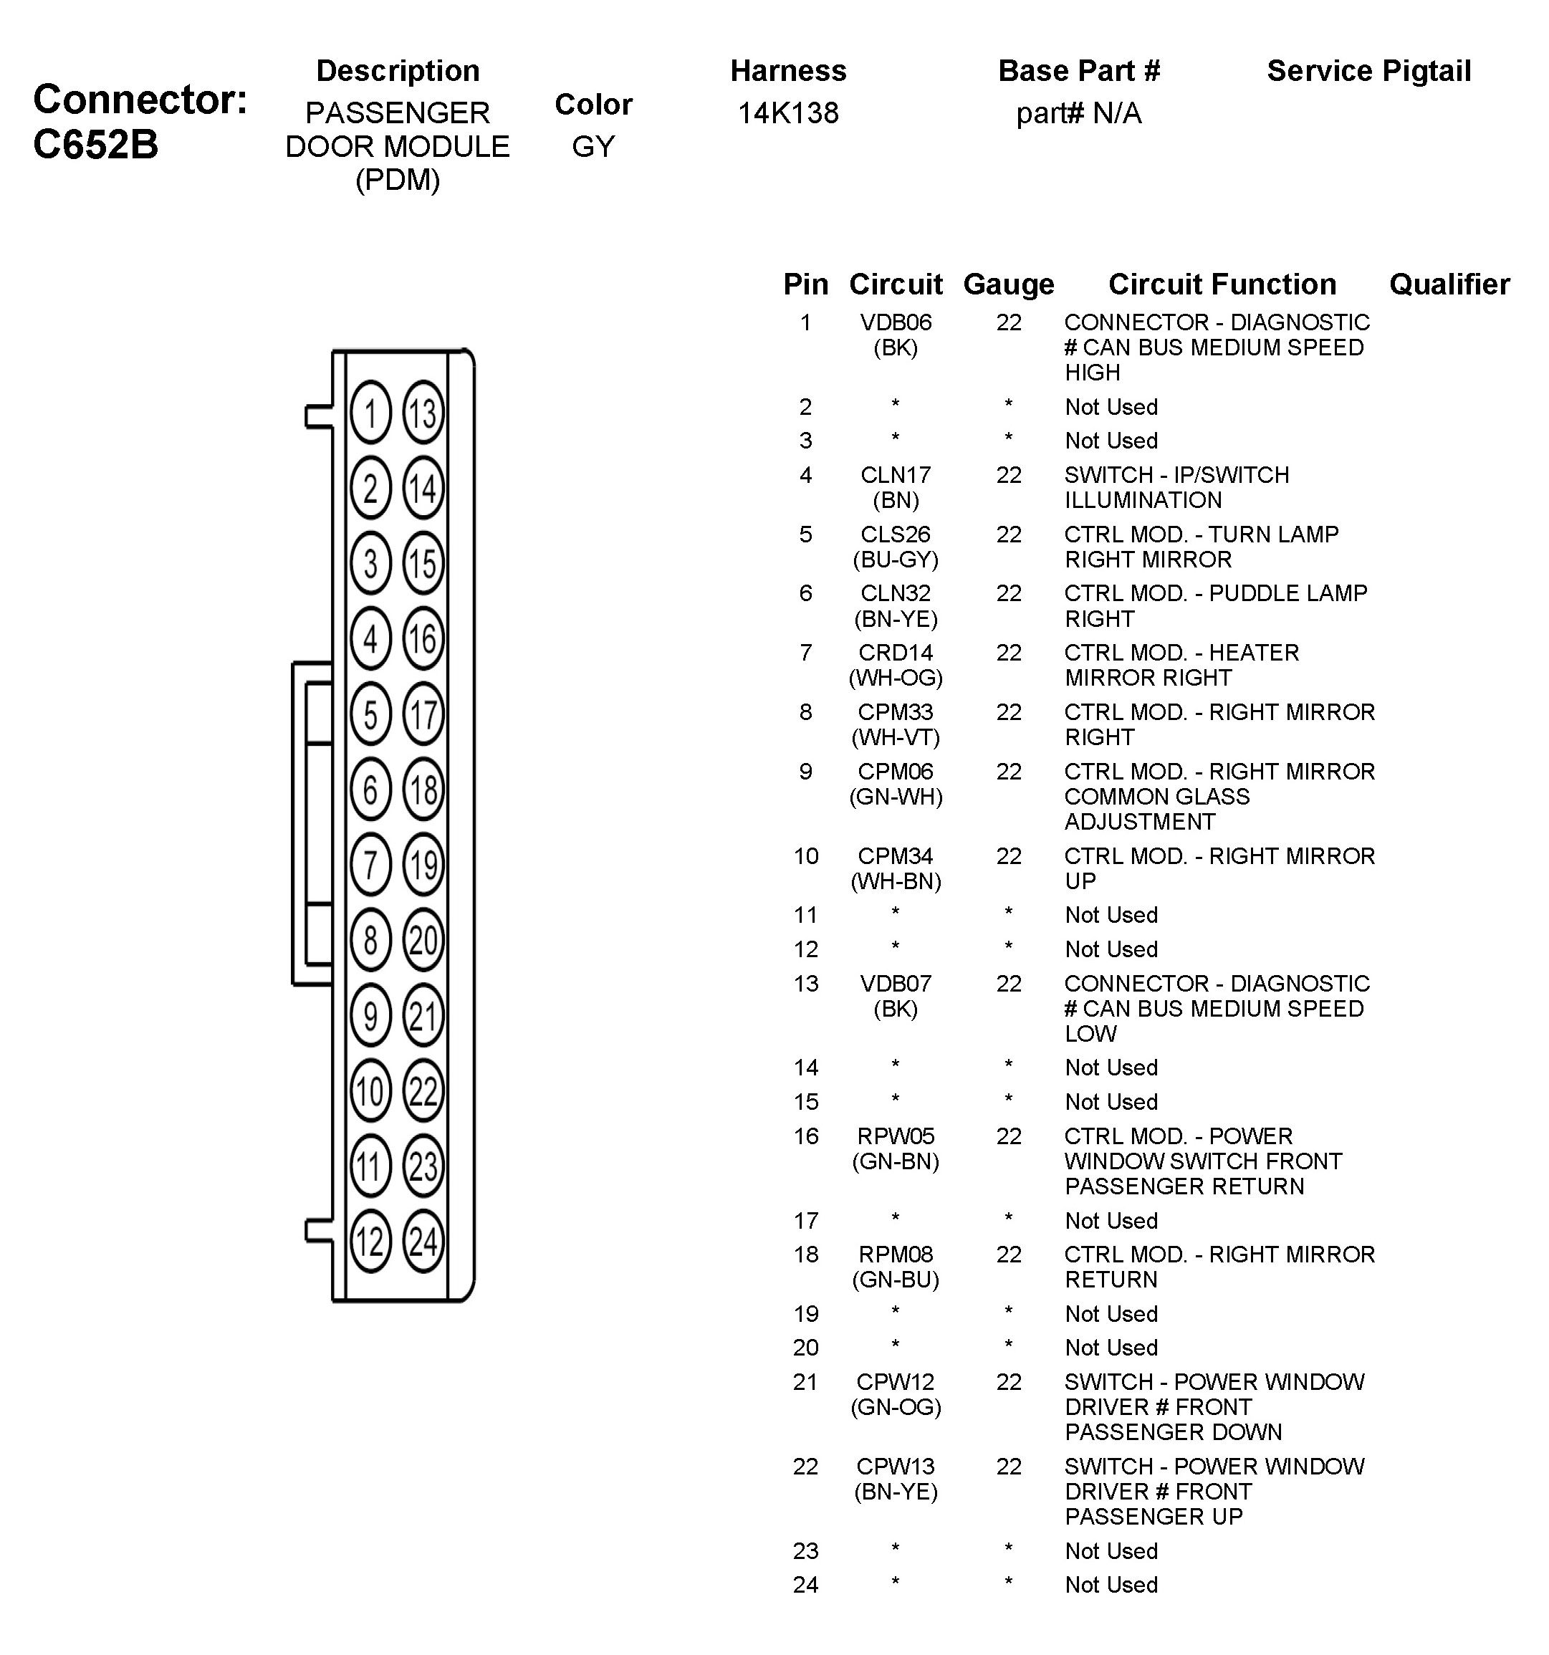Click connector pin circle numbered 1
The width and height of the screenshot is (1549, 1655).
point(370,413)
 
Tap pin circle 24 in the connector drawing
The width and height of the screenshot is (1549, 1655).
point(423,1242)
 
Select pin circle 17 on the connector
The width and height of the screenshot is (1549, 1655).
point(423,714)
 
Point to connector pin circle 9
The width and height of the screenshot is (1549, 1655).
point(370,1016)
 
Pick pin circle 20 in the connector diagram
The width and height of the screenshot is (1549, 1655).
point(423,941)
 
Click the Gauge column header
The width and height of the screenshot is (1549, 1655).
point(1008,284)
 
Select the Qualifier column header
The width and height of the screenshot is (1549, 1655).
point(1449,284)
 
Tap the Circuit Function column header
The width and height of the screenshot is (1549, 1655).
point(1222,284)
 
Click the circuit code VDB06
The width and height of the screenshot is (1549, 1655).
point(896,322)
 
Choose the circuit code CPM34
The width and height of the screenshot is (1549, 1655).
point(896,856)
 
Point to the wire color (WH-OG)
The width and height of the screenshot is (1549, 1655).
point(896,678)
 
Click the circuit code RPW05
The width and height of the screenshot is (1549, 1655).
point(896,1136)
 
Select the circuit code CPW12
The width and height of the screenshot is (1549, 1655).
point(896,1382)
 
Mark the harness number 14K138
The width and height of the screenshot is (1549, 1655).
point(788,113)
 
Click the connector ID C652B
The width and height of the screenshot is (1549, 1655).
point(96,145)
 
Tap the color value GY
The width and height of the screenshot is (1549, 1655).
point(593,147)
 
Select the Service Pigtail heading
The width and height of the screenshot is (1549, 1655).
point(1368,72)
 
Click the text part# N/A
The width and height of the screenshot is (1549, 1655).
point(1079,113)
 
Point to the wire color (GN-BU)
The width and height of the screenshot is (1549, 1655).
point(896,1280)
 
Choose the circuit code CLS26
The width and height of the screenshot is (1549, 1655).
point(896,534)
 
